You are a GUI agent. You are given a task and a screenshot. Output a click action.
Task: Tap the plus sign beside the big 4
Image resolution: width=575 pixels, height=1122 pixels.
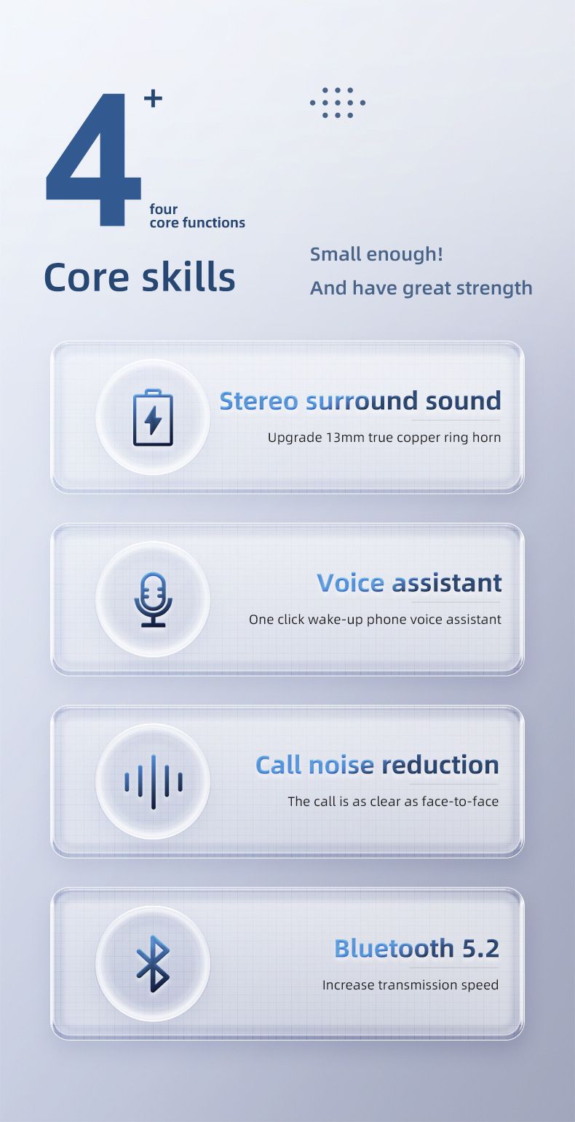153,98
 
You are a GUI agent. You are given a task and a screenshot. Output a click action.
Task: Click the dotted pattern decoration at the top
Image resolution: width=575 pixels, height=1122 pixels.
337,103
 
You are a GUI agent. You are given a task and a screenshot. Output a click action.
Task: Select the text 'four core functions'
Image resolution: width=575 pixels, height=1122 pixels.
197,216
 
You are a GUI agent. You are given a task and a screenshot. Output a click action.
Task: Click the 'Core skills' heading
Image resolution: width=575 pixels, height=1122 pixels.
140,277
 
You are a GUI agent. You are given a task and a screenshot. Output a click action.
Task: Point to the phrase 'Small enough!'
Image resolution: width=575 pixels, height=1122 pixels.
376,254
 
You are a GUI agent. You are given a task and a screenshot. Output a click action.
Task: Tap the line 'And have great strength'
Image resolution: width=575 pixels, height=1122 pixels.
421,288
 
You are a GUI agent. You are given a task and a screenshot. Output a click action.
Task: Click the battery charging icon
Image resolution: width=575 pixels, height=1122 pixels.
153,417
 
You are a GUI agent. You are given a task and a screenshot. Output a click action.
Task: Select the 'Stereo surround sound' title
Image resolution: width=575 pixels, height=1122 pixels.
360,400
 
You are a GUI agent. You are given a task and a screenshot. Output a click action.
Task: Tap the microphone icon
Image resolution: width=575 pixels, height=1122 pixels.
153,599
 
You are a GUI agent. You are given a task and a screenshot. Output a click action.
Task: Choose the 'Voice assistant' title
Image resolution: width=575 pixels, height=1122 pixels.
409,582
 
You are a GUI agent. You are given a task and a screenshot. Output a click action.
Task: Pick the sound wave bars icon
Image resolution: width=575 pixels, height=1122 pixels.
153,781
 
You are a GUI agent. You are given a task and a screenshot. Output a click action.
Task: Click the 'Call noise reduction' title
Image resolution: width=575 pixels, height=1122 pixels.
377,765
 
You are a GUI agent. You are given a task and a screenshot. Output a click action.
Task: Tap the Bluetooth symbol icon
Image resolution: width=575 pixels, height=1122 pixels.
153,963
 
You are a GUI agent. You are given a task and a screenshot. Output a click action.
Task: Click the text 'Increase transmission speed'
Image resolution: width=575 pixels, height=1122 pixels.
411,985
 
